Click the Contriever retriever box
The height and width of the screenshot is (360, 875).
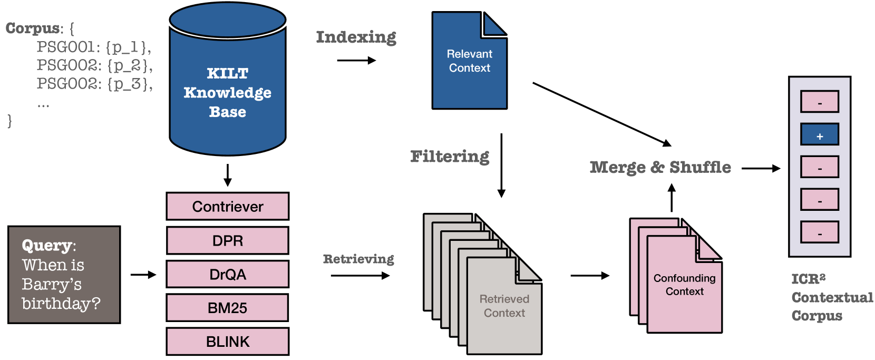click(227, 206)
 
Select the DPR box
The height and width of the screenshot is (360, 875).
click(227, 240)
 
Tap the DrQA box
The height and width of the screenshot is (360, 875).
click(227, 274)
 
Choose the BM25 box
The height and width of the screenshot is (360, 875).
click(227, 308)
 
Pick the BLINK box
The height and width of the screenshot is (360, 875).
click(227, 342)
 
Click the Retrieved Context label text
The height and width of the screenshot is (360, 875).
click(504, 306)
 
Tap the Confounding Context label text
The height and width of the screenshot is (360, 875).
click(684, 285)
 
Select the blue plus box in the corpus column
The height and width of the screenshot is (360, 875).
click(819, 135)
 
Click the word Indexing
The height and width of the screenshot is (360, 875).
click(356, 37)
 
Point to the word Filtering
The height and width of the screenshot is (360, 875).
click(450, 157)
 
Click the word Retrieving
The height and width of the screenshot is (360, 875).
click(358, 259)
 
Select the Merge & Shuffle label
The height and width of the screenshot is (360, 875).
click(660, 168)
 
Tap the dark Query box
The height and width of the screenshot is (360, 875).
click(64, 275)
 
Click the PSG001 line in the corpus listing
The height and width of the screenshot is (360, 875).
click(94, 47)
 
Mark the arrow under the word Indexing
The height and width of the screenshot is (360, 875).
click(356, 61)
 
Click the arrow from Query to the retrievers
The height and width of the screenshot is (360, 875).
click(143, 275)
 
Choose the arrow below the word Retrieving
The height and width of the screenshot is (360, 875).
click(360, 275)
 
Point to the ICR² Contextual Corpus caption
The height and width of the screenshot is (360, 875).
click(831, 297)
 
